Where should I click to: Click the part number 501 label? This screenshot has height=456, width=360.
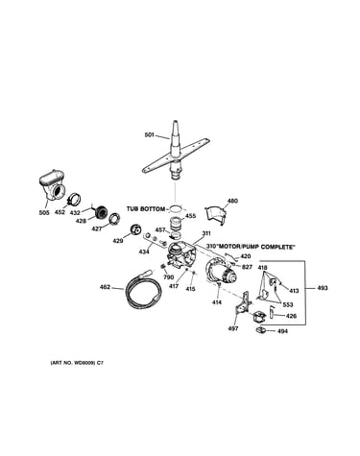150,135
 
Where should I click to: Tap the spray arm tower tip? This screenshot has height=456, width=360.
175,122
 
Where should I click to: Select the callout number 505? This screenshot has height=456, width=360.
44,212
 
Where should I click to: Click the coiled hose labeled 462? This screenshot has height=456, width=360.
142,289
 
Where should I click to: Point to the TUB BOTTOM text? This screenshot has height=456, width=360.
146,209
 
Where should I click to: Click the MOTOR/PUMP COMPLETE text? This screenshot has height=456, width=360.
254,247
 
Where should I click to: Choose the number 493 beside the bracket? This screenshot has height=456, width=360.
323,288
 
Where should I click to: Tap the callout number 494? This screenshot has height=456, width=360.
282,331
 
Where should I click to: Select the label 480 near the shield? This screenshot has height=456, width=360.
232,202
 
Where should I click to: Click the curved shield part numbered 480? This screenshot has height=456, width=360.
215,215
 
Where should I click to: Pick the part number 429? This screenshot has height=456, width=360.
118,241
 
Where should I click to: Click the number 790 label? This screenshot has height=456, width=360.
168,277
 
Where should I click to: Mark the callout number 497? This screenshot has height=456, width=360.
233,328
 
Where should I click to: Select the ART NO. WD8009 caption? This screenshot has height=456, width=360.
77,363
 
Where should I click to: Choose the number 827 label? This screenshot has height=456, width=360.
247,267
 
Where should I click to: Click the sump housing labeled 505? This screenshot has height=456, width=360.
52,186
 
